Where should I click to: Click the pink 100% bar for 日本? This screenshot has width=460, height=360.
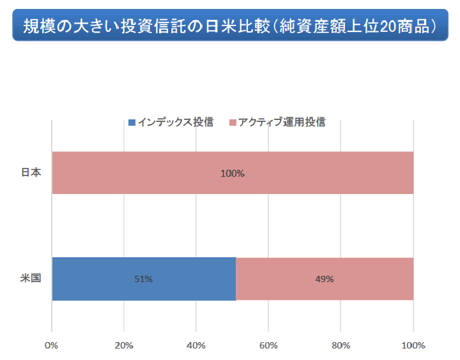160,172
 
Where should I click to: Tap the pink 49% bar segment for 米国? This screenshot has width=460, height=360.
371,279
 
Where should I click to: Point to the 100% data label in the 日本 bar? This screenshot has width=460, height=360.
233,173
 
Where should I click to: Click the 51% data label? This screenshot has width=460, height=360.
143,279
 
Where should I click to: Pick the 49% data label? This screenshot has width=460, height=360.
325,279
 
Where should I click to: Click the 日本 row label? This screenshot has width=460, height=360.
31,172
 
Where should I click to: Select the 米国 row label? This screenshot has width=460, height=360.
31,279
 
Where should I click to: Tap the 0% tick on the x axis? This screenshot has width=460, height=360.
51,345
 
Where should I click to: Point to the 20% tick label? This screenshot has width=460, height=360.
124,345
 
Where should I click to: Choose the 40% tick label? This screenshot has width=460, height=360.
196,345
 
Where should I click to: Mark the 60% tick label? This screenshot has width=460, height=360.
268,345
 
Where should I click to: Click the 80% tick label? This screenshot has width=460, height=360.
341,345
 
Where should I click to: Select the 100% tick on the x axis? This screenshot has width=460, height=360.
413,345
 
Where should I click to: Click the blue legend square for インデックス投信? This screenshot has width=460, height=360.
132,123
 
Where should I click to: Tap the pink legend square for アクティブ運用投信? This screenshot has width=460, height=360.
233,123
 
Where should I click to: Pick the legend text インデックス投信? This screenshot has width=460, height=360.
175,123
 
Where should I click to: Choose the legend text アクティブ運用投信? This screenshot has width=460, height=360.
282,123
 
